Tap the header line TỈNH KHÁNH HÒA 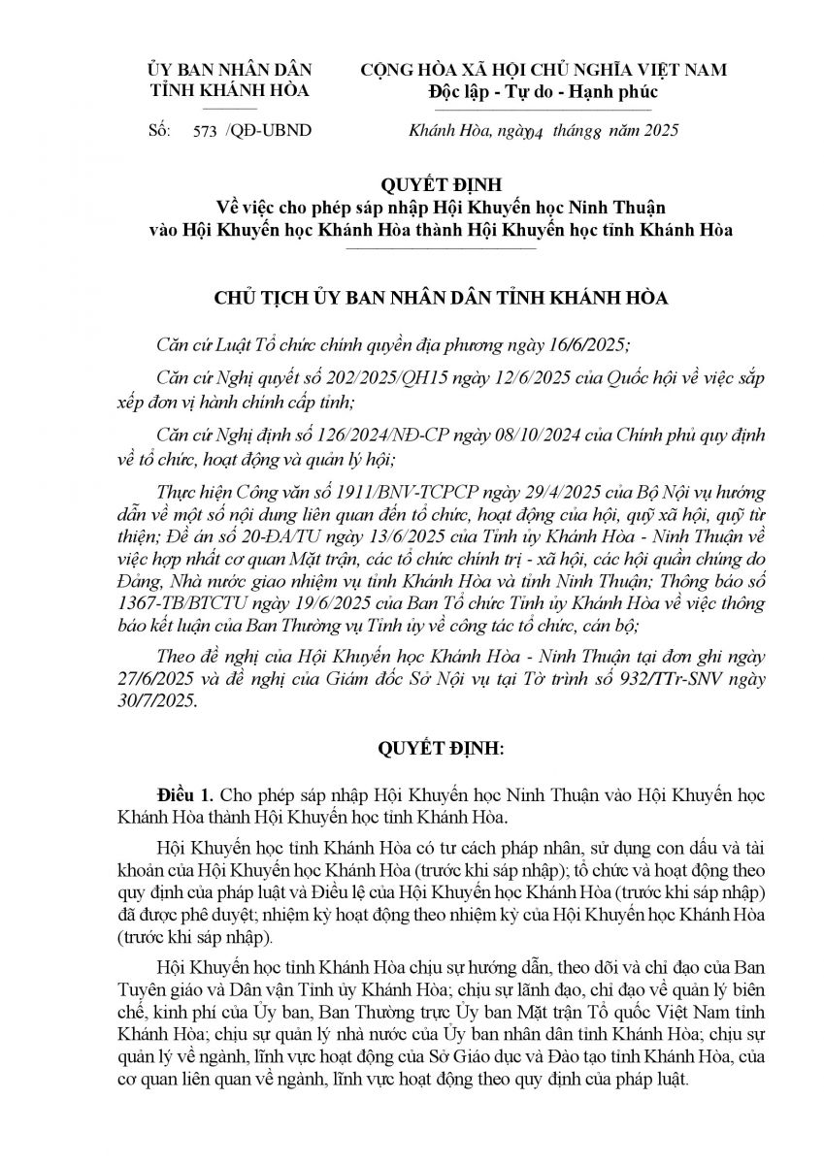click(228, 91)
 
